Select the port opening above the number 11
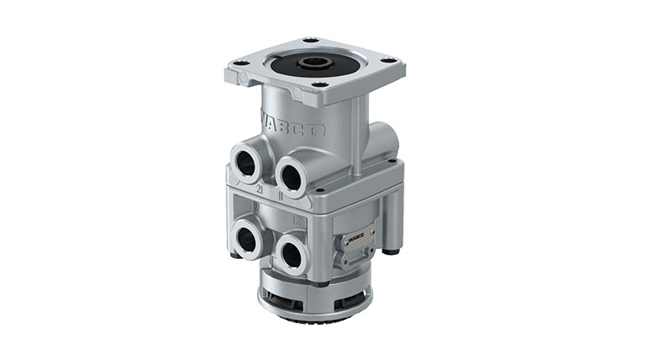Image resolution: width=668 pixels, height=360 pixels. pyautogui.click(x=293, y=175)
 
